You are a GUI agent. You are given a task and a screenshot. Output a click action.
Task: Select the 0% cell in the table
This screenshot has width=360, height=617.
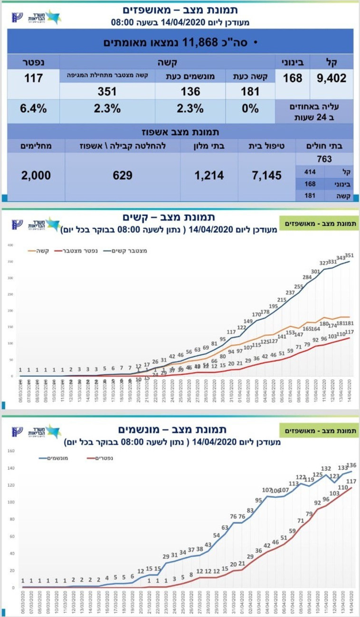pyautogui.click(x=250, y=108)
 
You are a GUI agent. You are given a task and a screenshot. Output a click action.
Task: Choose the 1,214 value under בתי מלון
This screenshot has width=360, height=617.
pyautogui.click(x=208, y=175)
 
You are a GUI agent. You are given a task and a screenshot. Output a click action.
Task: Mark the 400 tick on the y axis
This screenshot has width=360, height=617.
pyautogui.click(x=9, y=245)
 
